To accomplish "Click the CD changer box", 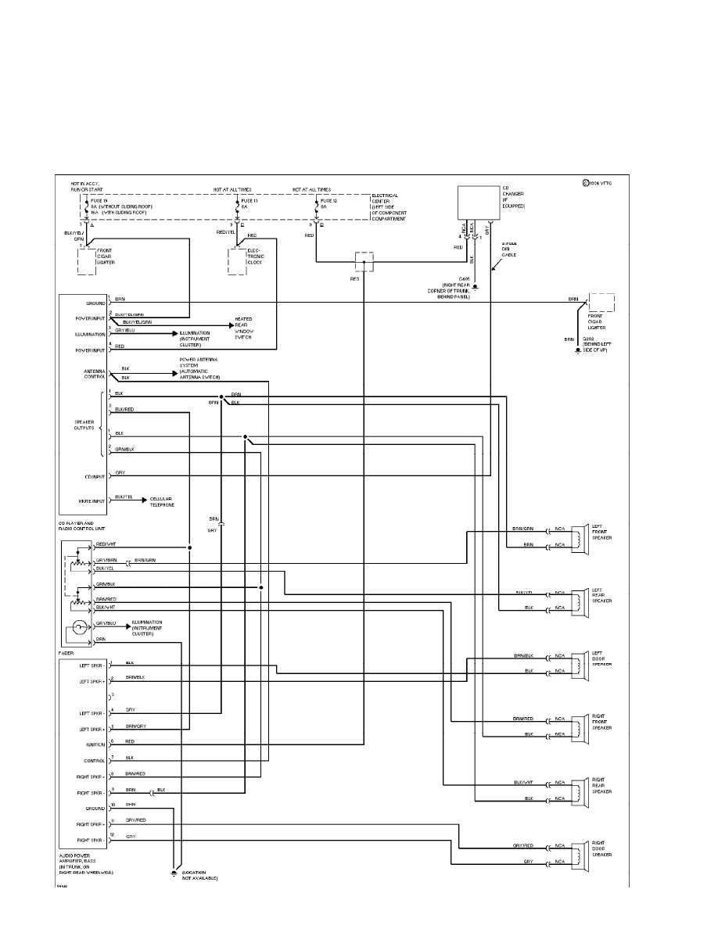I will [478, 203].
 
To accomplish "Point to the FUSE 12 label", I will [329, 200].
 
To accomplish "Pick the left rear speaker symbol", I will [580, 600].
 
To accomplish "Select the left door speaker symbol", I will [580, 663].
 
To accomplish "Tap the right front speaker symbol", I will [580, 726].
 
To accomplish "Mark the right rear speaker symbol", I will [580, 790].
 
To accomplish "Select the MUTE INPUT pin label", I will [89, 500].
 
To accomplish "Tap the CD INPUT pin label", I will [92, 476].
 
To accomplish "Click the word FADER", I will [66, 652].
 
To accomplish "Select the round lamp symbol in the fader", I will [78, 627].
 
